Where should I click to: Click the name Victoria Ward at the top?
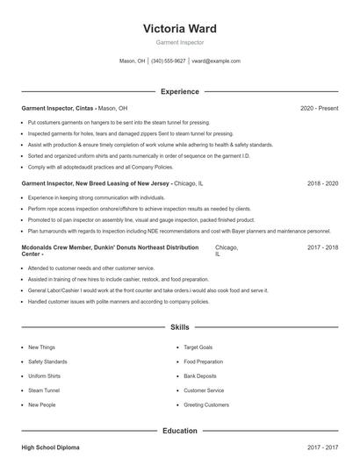tap(179, 28)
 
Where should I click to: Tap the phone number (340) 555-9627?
tap(168, 61)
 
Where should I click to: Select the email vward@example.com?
tap(216, 61)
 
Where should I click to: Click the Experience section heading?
tap(179, 91)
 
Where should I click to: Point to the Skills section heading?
tap(179, 327)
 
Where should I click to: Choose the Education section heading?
tap(179, 431)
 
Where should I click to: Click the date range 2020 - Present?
tap(319, 108)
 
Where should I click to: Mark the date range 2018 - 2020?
tap(322, 184)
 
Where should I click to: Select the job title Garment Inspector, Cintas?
tap(58, 108)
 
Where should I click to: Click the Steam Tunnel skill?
tap(43, 390)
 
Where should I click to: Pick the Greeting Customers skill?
tap(206, 405)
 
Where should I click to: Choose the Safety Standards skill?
tap(47, 361)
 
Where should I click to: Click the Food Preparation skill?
tap(205, 361)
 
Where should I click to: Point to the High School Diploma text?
tap(51, 448)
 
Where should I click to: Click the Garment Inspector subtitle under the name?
tap(179, 42)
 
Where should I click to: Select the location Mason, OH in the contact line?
tap(132, 61)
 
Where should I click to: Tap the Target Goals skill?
tap(199, 347)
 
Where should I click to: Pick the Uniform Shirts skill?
tap(44, 376)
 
